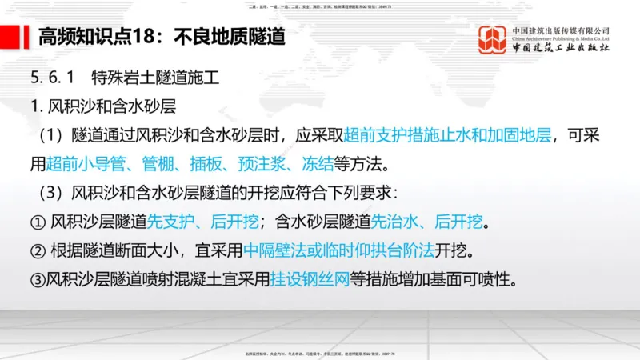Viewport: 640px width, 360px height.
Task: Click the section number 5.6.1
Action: click(x=51, y=78)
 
